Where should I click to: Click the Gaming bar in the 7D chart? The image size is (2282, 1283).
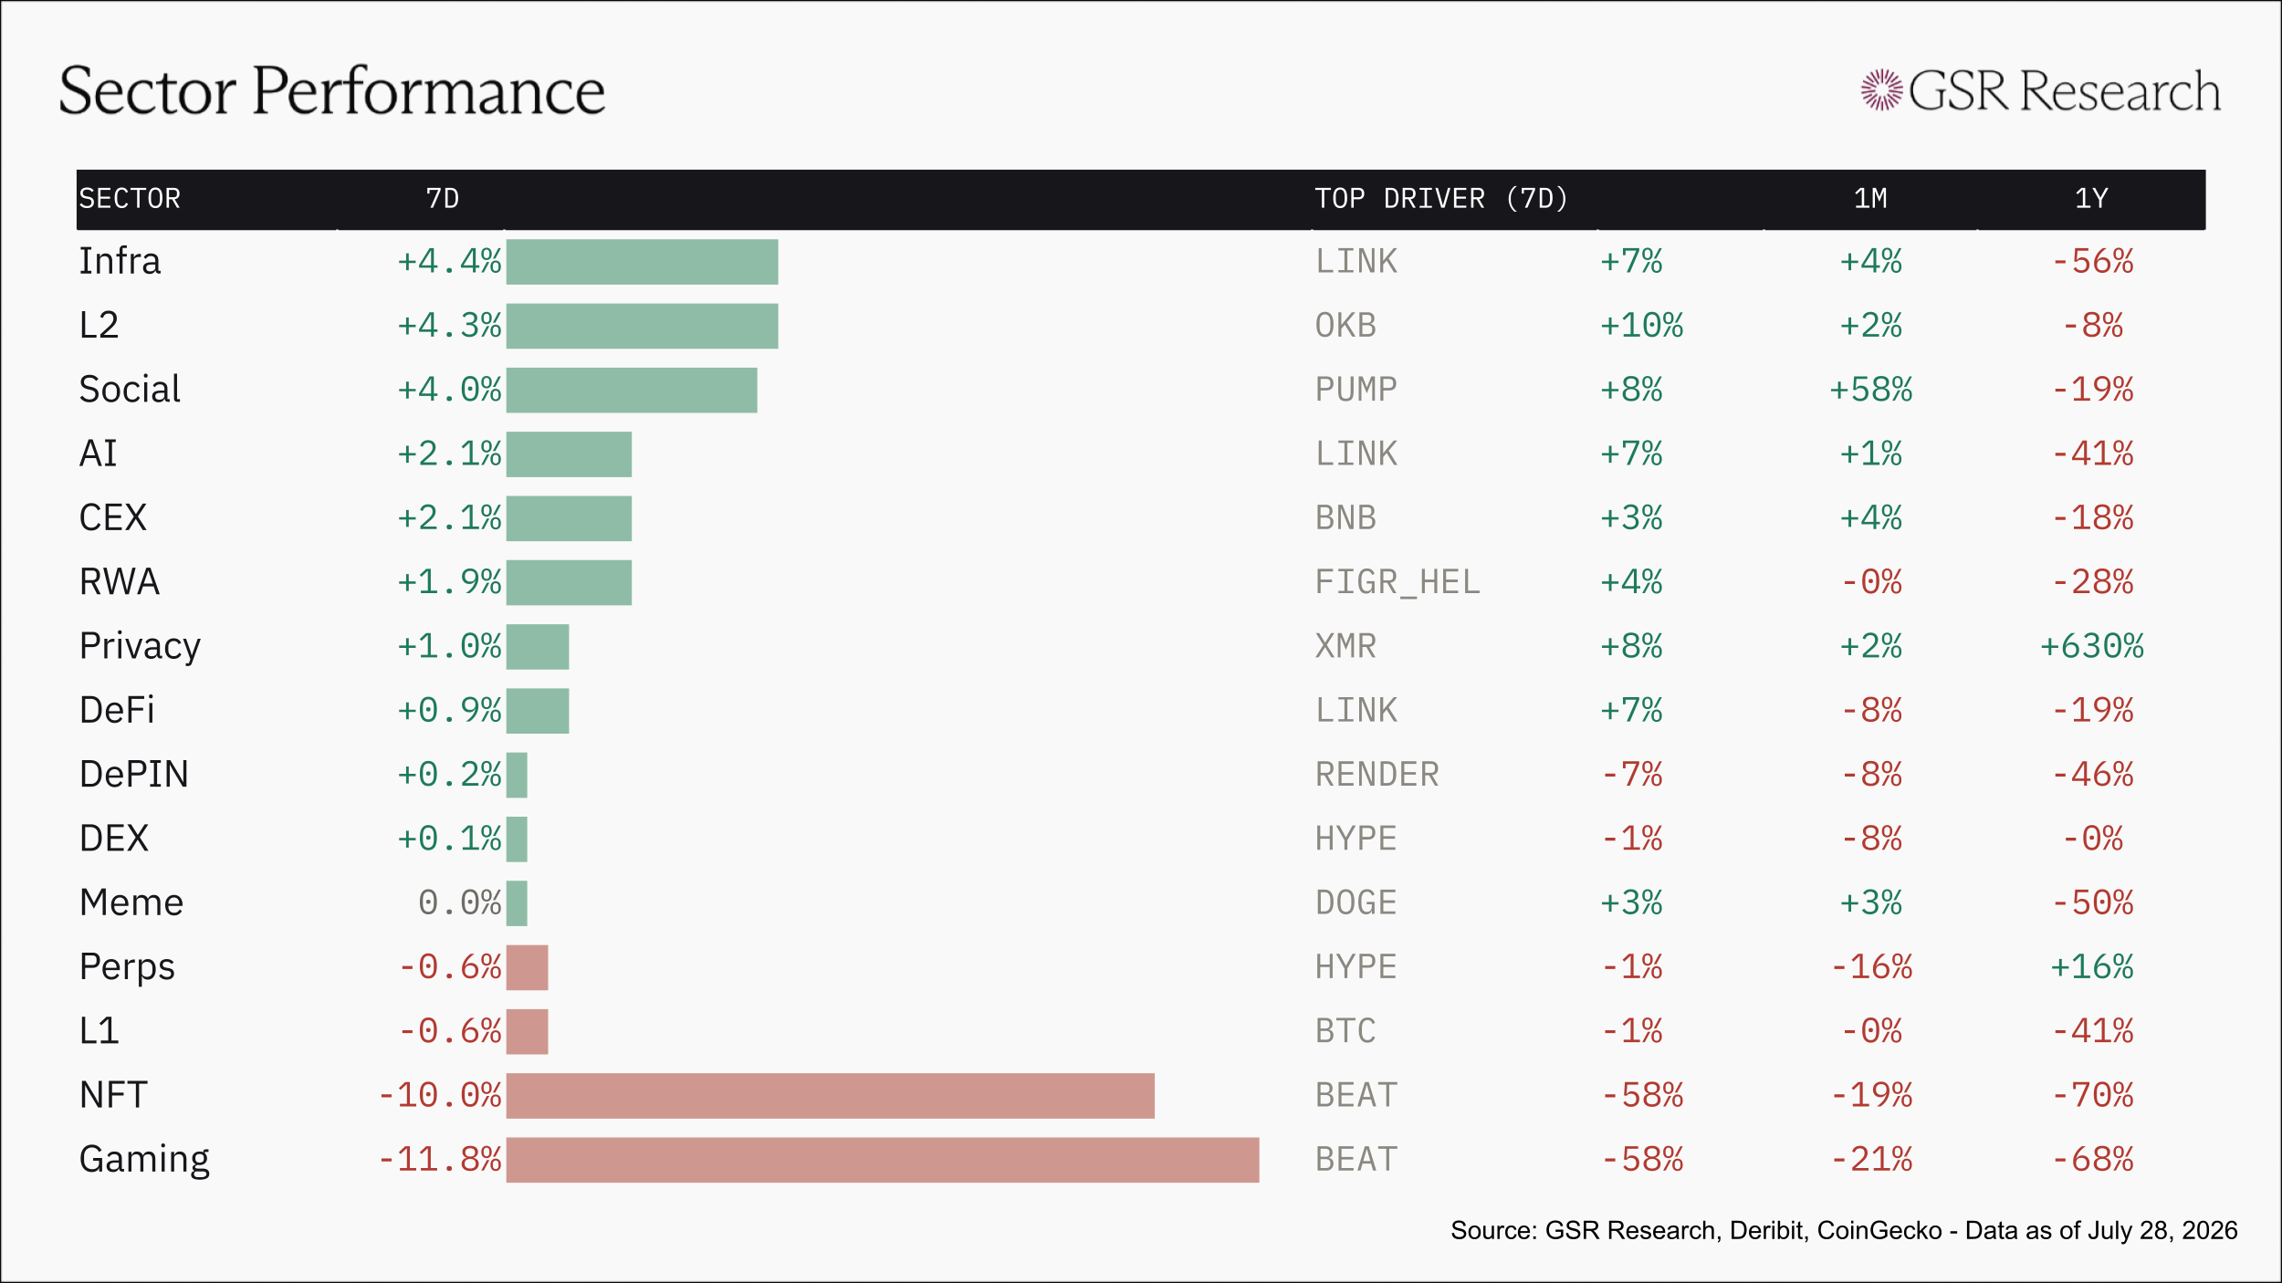(x=883, y=1160)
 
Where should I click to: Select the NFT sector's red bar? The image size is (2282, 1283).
(x=831, y=1096)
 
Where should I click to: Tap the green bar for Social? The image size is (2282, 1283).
(x=632, y=391)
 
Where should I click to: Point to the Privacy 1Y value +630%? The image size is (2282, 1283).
(x=2092, y=646)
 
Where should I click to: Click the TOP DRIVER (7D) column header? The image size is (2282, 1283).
(x=1441, y=199)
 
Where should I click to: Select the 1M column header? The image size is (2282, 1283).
(x=1870, y=199)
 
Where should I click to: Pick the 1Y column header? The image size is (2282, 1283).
(x=2091, y=199)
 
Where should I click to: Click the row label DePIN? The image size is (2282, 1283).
(x=134, y=775)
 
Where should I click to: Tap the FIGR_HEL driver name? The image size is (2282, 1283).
(x=1397, y=582)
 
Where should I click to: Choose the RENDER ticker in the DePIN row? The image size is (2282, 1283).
(x=1377, y=775)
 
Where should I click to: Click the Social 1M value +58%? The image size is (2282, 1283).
(x=1871, y=390)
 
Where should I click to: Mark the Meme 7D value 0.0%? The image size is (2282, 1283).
(x=460, y=903)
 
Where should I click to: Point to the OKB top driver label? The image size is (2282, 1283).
(x=1345, y=326)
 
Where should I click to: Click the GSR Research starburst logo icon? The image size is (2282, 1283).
(x=1881, y=90)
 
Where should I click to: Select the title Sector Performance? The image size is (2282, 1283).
(x=332, y=91)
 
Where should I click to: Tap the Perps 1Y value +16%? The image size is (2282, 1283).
(x=2092, y=967)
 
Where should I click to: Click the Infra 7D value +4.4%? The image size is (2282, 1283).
(x=449, y=262)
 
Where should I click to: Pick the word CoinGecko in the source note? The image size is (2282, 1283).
(x=1879, y=1231)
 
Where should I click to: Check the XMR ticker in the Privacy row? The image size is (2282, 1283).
(x=1345, y=646)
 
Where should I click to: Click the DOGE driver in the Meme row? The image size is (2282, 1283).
(x=1356, y=903)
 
